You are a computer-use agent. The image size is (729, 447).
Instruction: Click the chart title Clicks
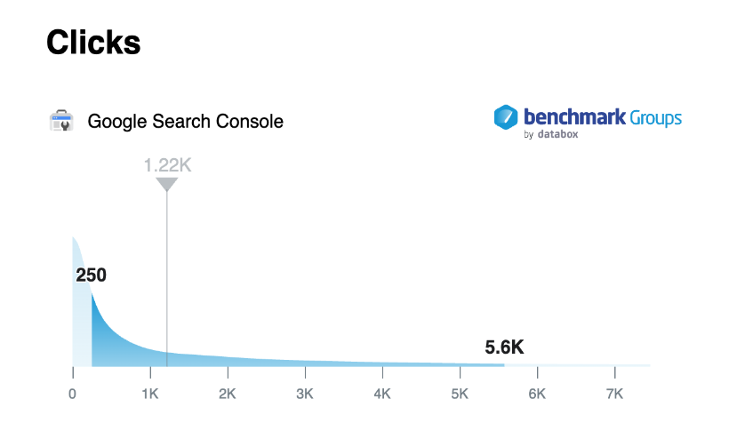click(x=93, y=42)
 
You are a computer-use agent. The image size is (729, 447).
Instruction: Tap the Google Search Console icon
click(x=61, y=121)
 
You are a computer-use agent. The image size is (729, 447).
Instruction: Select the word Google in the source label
click(x=116, y=122)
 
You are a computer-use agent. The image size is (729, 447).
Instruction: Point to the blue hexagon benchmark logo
click(x=506, y=117)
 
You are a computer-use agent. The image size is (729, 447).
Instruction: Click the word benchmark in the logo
click(x=574, y=116)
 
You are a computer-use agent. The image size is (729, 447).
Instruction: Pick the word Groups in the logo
click(x=656, y=117)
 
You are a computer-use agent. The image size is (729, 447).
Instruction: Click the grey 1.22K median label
click(x=167, y=164)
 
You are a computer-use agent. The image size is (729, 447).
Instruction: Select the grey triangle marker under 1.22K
click(x=167, y=184)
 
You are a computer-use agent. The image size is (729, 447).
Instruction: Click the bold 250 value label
click(x=91, y=275)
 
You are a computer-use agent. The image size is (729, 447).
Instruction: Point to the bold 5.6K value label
click(x=504, y=348)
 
